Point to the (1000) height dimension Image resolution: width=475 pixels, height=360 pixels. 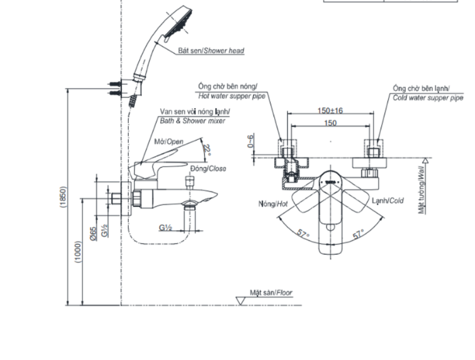pyautogui.click(x=78, y=254)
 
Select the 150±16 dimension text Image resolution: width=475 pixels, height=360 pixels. pyautogui.click(x=330, y=111)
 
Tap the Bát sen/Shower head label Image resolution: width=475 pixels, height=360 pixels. pyautogui.click(x=211, y=50)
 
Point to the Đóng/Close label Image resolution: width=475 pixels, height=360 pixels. pyautogui.click(x=208, y=168)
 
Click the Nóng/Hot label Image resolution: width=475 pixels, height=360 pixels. pyautogui.click(x=273, y=203)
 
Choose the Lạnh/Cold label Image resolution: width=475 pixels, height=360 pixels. pyautogui.click(x=387, y=201)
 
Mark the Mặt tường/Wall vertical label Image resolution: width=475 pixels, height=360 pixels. pyautogui.click(x=421, y=190)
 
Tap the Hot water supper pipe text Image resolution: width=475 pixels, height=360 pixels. pyautogui.click(x=229, y=96)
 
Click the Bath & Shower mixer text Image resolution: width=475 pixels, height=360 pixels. pyautogui.click(x=192, y=120)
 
